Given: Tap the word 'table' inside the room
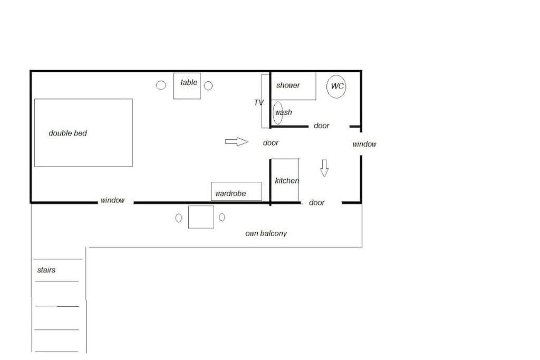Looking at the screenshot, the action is [189, 82].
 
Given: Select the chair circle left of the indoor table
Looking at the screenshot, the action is [161, 85].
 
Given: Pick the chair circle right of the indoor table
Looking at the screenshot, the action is [208, 85].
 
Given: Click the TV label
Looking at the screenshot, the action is [258, 103].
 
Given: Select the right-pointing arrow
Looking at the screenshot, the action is [237, 141].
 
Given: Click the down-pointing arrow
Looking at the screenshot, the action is [324, 168].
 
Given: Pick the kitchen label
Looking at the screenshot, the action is [287, 180].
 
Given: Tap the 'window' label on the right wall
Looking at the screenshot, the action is [364, 144].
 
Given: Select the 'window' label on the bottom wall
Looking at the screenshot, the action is [112, 200].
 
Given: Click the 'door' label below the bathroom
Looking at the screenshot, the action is [321, 125].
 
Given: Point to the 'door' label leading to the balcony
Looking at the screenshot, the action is [316, 203].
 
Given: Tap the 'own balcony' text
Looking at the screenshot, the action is [266, 233].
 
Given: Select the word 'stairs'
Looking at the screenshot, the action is [46, 270].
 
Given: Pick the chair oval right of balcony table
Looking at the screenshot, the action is [222, 217].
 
